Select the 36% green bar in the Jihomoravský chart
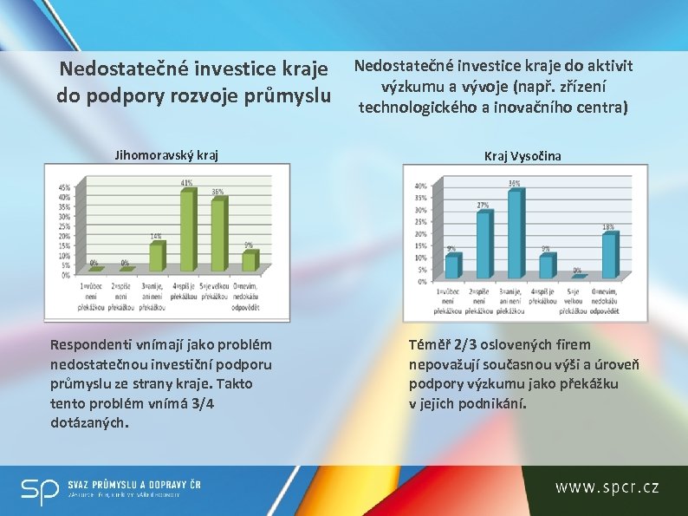pos(217,237)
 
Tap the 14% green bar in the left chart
pos(156,258)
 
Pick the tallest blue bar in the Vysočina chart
pos(516,234)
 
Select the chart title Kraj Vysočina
pos(522,155)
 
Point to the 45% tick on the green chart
pos(64,188)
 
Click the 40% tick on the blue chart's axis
pos(420,186)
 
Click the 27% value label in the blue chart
pos(483,206)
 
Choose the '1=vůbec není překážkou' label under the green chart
pos(94,295)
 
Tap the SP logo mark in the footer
pos(40,490)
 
